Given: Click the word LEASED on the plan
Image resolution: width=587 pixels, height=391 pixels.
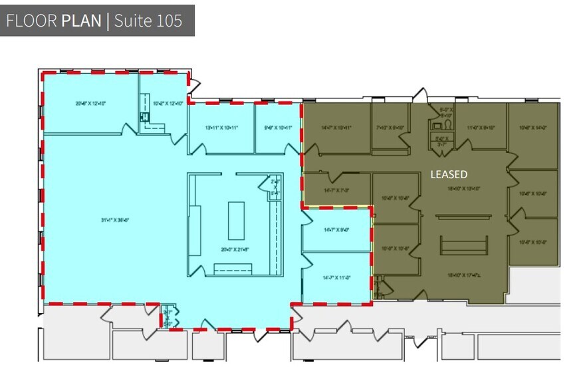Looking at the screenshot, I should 449,174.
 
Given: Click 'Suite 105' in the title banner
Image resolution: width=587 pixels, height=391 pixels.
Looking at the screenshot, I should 148,20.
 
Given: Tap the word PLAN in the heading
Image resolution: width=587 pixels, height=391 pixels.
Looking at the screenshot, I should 81,20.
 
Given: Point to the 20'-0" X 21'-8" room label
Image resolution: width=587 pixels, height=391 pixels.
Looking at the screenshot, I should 235,249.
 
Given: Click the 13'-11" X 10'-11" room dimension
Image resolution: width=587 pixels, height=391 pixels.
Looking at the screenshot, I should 221,127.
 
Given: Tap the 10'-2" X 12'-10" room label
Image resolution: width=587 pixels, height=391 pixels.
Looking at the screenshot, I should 167,103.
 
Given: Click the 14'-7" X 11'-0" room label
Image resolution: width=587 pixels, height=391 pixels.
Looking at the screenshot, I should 336,278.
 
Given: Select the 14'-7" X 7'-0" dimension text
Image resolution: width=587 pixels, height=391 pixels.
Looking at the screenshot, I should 336,190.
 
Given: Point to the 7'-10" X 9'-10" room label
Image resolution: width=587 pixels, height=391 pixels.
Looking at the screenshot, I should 390,127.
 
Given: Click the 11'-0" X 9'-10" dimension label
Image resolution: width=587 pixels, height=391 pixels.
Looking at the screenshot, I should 481,127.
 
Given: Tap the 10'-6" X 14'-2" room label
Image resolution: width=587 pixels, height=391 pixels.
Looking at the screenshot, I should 532,127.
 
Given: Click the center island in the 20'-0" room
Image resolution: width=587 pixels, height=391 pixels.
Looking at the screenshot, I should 236,221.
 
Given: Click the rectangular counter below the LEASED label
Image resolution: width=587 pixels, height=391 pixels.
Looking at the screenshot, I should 463,245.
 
